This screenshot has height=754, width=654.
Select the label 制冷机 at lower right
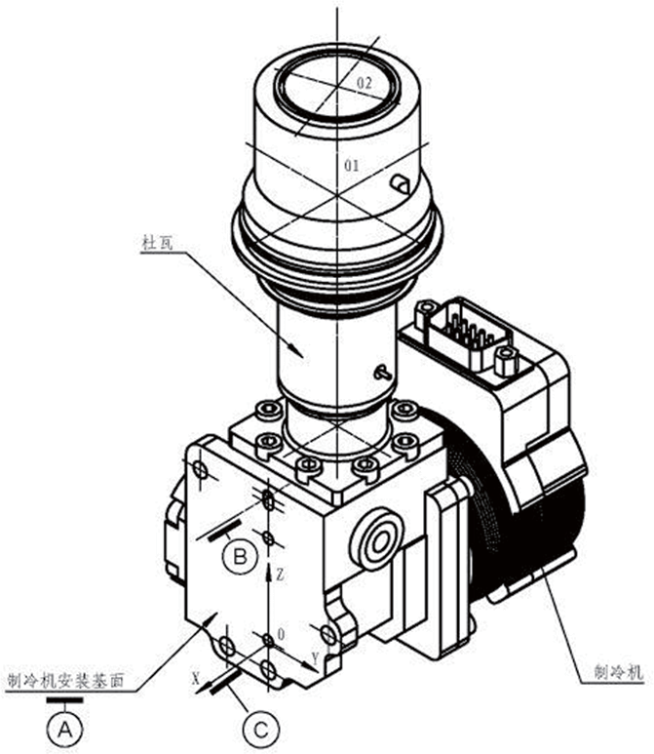(619, 672)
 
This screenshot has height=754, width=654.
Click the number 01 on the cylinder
(352, 167)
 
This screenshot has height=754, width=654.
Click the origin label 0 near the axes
(281, 634)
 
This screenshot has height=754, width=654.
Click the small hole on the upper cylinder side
(397, 182)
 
